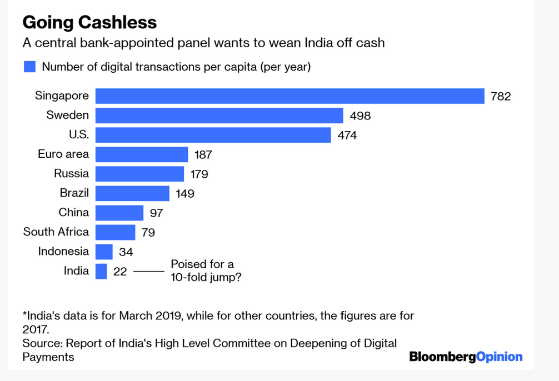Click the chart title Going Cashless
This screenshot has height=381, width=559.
click(x=89, y=22)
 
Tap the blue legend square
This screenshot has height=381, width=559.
click(x=29, y=67)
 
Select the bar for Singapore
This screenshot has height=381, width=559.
click(x=290, y=96)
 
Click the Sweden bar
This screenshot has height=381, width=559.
click(x=219, y=116)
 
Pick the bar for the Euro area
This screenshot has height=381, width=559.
click(x=142, y=154)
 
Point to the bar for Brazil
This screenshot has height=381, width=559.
click(x=132, y=193)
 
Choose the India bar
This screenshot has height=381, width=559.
click(x=101, y=271)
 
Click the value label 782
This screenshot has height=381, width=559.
click(x=501, y=97)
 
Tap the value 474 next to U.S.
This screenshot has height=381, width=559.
click(x=347, y=135)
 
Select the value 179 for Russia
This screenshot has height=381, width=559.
click(x=199, y=174)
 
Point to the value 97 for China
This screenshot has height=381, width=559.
click(x=156, y=213)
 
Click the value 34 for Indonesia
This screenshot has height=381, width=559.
click(x=126, y=252)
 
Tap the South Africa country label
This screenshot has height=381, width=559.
click(x=56, y=232)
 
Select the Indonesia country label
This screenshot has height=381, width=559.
click(x=63, y=251)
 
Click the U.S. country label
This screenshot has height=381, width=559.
click(x=78, y=134)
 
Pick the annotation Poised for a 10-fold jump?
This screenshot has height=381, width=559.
click(x=206, y=270)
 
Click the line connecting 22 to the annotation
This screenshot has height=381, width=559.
click(x=149, y=272)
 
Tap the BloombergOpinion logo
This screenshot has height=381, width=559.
click(x=466, y=357)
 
